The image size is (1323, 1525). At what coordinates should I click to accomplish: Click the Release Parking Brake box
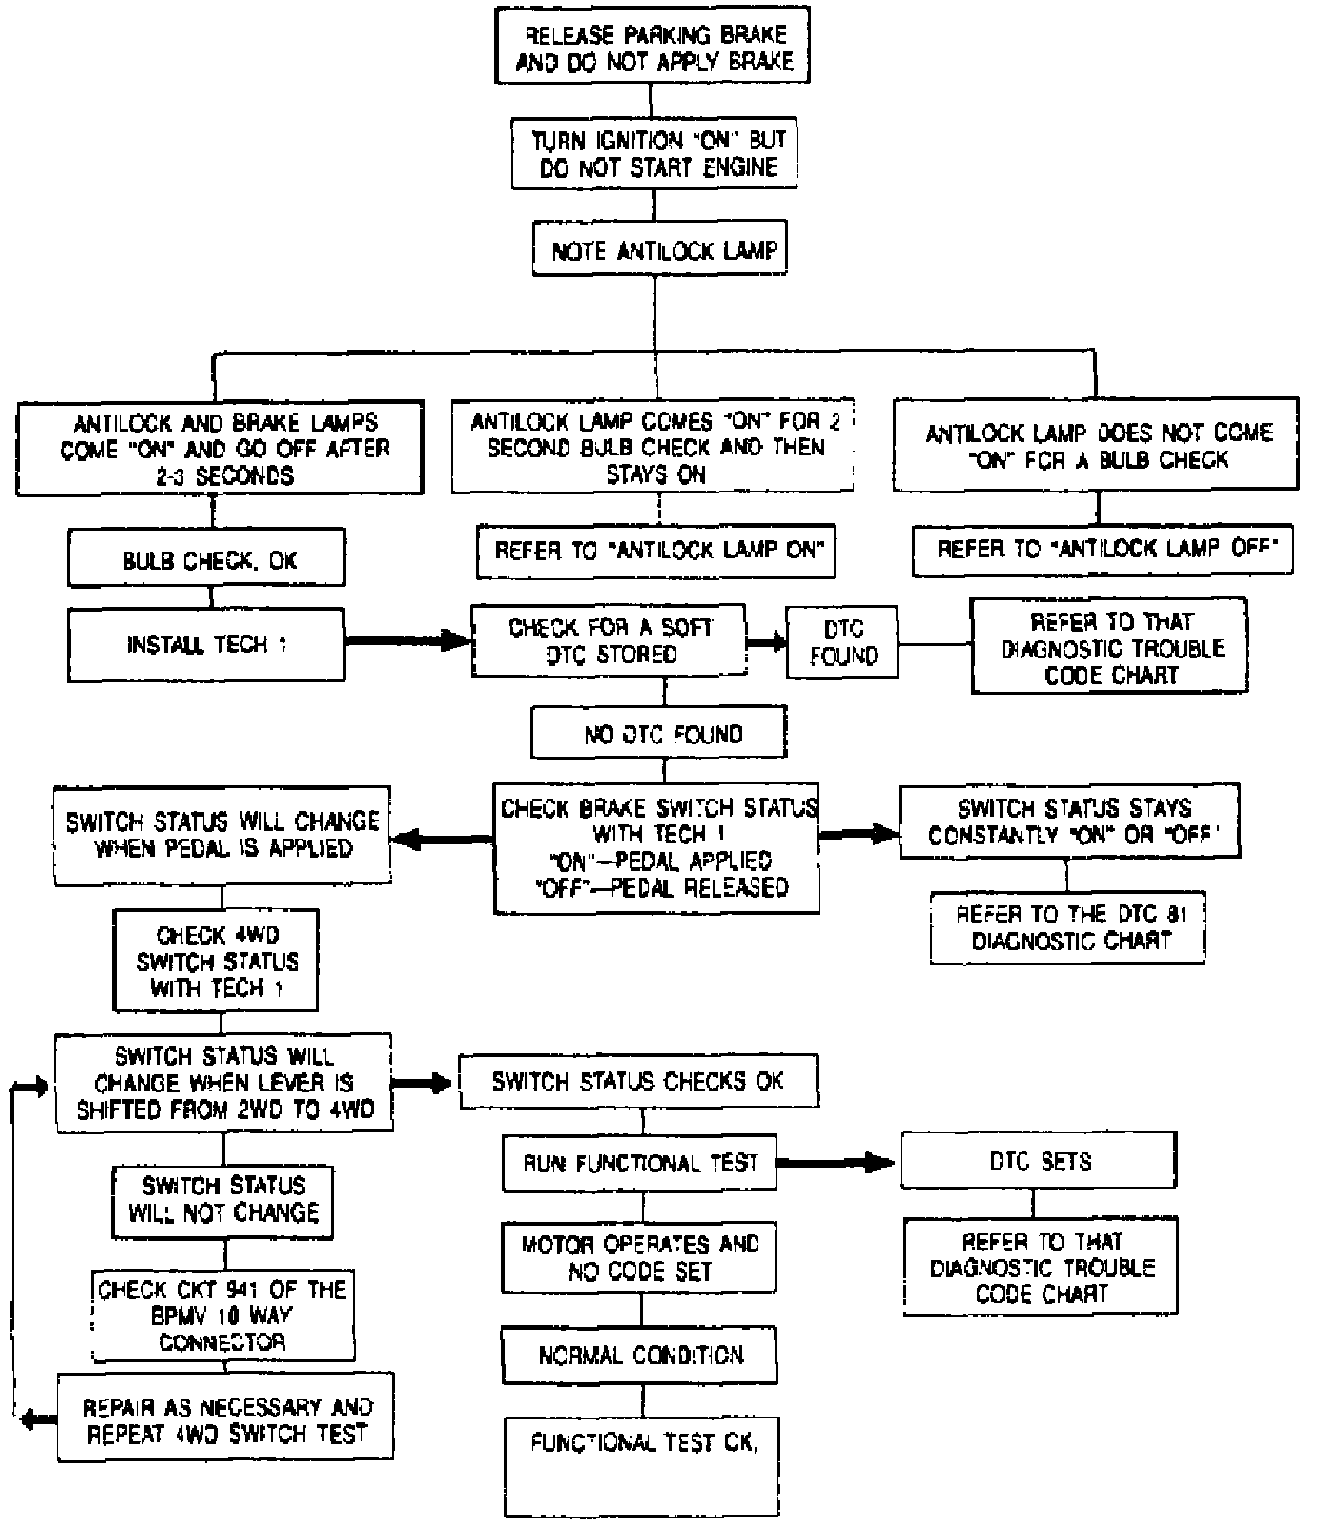pos(651,48)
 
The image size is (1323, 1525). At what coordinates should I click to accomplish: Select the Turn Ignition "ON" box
pos(653,153)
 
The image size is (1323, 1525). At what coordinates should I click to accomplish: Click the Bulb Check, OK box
pos(206,560)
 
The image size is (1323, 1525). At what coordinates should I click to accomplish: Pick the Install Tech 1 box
pos(206,645)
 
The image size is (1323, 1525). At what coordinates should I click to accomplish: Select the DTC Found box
pos(842,643)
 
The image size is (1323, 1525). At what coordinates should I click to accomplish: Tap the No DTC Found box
pos(659,733)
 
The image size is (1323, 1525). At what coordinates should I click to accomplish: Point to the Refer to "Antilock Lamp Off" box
pos(1102,549)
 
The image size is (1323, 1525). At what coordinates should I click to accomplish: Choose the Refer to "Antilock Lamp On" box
pos(656,550)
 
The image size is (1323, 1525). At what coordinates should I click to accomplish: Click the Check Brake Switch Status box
pos(657,848)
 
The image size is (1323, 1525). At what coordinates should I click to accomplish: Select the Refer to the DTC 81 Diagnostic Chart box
pos(1067,927)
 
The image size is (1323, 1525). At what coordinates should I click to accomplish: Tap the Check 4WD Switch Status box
pos(216,960)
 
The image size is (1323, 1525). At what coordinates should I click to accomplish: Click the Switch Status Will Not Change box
pos(223,1199)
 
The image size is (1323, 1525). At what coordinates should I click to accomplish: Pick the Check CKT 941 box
pos(223,1315)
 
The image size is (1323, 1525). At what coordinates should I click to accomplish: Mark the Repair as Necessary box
pos(225,1420)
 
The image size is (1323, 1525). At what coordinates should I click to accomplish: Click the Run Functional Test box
pos(640,1162)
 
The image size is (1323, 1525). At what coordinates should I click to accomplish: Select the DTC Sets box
pos(1040,1161)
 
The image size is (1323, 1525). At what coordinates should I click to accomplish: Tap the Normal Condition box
pos(640,1356)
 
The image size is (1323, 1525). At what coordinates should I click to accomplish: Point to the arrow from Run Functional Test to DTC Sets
pos(837,1162)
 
